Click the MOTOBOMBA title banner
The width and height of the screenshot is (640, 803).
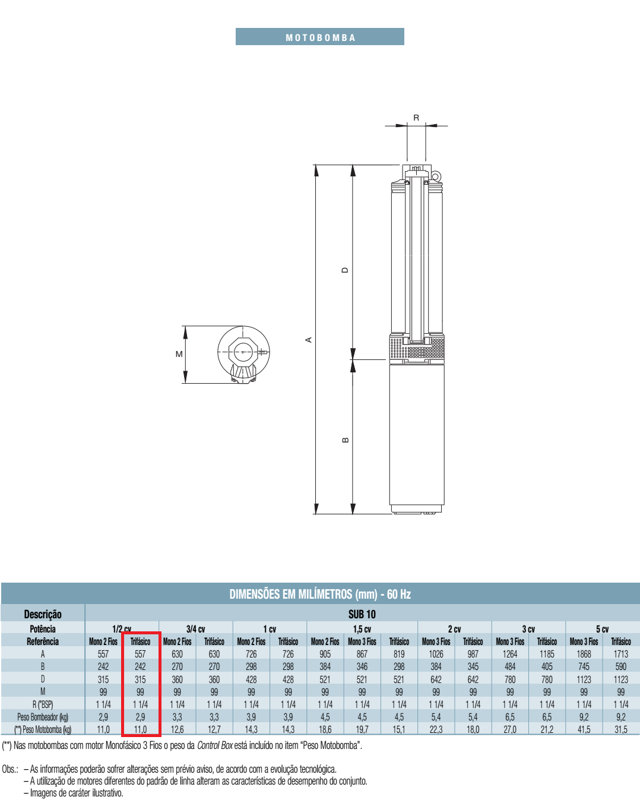click(319, 37)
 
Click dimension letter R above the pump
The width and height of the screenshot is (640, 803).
click(416, 118)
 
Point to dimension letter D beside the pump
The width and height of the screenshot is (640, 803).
click(345, 270)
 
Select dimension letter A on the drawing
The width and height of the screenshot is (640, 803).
click(309, 340)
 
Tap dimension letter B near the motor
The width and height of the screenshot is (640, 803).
click(345, 440)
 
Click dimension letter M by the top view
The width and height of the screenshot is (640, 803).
click(179, 354)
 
